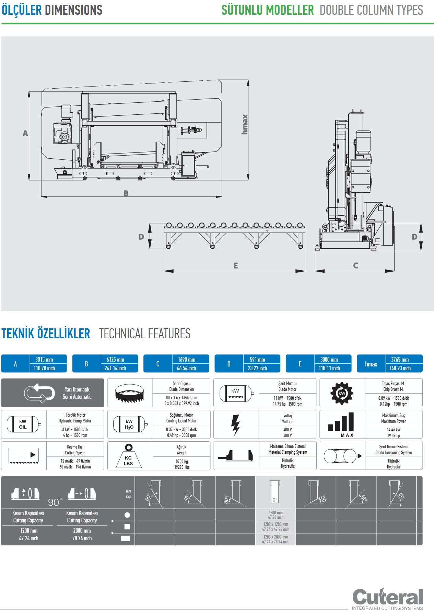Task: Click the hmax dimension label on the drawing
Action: [245, 124]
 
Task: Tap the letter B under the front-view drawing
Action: [126, 193]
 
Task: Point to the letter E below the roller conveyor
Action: [236, 265]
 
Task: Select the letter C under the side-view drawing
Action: [355, 265]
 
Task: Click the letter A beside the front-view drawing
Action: [25, 133]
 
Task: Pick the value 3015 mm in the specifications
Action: [44, 360]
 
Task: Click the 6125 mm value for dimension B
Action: [115, 360]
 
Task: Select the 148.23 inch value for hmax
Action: [400, 368]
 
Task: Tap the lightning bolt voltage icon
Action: [235, 425]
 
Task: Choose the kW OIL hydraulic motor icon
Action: [23, 424]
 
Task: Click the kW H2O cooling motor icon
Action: [129, 424]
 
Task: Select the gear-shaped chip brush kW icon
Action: [342, 393]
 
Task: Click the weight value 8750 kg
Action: [182, 462]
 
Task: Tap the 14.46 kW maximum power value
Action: [394, 430]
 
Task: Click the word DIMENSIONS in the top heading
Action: [74, 10]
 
